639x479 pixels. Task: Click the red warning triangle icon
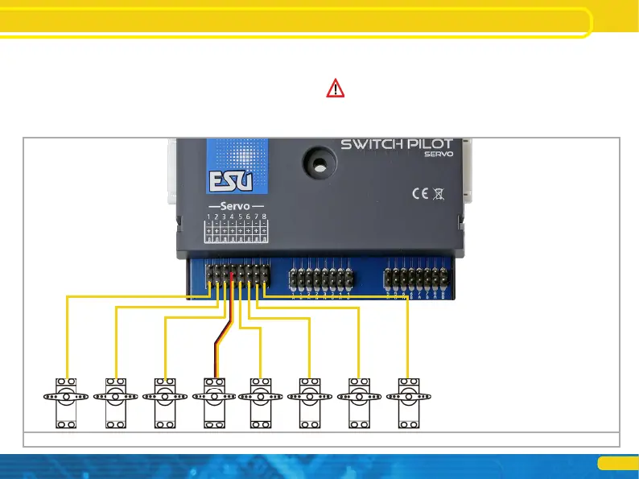pos(335,89)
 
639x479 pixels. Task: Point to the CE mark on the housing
pos(420,193)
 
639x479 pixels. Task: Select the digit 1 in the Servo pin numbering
pos(208,217)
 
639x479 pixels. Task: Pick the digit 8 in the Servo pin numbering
pos(263,217)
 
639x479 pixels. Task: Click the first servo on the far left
pos(67,405)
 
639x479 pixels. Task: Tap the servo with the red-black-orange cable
pos(215,405)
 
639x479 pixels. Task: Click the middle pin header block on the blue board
pos(321,279)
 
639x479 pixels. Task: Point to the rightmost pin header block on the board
pos(416,279)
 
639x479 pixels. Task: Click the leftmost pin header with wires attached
pos(236,277)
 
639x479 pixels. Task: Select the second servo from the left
pos(116,405)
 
